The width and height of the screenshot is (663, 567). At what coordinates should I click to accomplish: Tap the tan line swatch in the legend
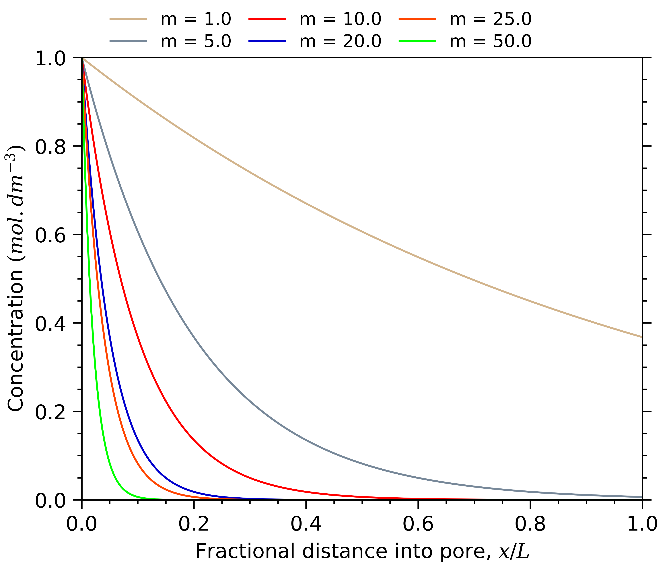(x=128, y=19)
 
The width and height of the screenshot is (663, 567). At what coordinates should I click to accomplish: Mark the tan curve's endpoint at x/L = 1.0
(x=642, y=337)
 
